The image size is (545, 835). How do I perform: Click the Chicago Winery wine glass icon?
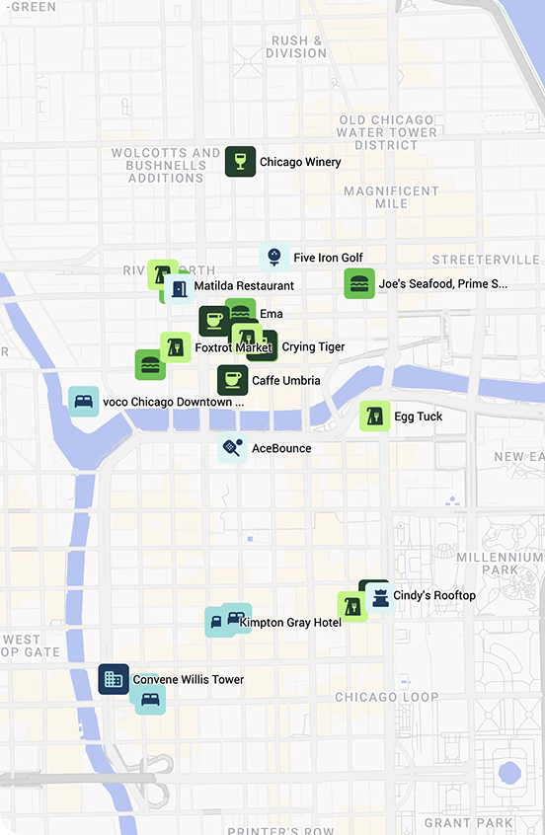240,162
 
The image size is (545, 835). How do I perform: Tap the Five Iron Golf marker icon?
273,258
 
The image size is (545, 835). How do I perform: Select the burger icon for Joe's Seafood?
359,283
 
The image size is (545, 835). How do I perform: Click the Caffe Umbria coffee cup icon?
232,380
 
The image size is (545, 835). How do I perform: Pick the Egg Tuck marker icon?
374,416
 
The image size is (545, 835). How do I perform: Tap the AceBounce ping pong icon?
232,448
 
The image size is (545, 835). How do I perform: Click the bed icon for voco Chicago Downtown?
83,402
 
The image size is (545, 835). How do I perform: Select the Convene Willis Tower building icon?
114,679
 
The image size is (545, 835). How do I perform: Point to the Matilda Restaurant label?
243,285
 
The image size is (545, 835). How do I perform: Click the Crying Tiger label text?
313,347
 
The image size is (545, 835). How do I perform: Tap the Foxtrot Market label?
233,347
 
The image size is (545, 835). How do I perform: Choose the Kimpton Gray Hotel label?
290,623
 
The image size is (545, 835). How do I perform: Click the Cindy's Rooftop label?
433,595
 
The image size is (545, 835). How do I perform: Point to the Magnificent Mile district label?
391,197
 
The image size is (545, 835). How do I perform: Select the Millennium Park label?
513,564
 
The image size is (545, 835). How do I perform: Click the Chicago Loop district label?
386,697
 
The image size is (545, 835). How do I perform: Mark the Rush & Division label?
297,47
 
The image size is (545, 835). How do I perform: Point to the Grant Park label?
468,823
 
